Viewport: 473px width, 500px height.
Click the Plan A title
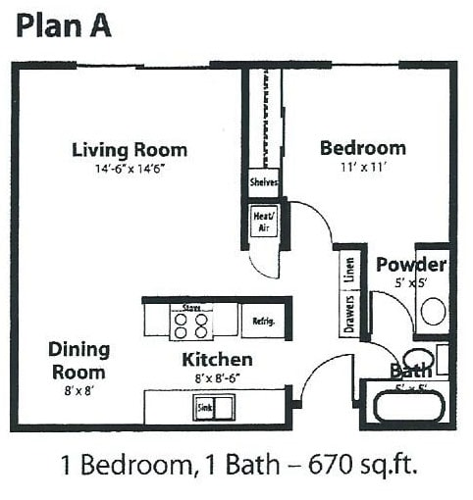tap(63, 26)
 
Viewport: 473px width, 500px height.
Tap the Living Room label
tap(130, 150)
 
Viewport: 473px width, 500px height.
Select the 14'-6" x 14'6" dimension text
tap(130, 169)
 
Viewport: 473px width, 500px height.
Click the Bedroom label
tap(362, 148)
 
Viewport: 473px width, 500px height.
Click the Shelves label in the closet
tap(264, 182)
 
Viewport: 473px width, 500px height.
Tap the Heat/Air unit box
tap(263, 222)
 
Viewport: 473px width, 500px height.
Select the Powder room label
tap(411, 265)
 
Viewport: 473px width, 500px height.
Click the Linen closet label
tap(349, 270)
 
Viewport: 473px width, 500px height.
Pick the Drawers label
tap(349, 314)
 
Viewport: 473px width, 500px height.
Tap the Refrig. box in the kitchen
tap(263, 321)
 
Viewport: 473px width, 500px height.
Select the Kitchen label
tap(217, 360)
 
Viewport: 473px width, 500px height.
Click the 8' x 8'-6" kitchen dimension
tap(217, 377)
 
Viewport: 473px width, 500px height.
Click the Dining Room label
tap(79, 361)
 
